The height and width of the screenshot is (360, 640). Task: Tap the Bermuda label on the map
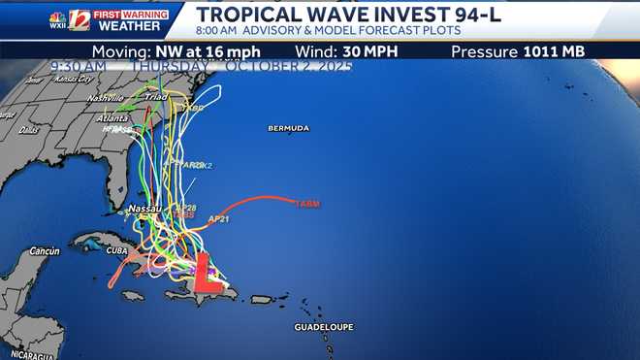[x=289, y=129]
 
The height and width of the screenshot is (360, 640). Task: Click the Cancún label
[x=45, y=250]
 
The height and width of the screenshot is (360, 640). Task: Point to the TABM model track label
[x=305, y=204]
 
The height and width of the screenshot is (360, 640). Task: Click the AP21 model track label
[x=218, y=219]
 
